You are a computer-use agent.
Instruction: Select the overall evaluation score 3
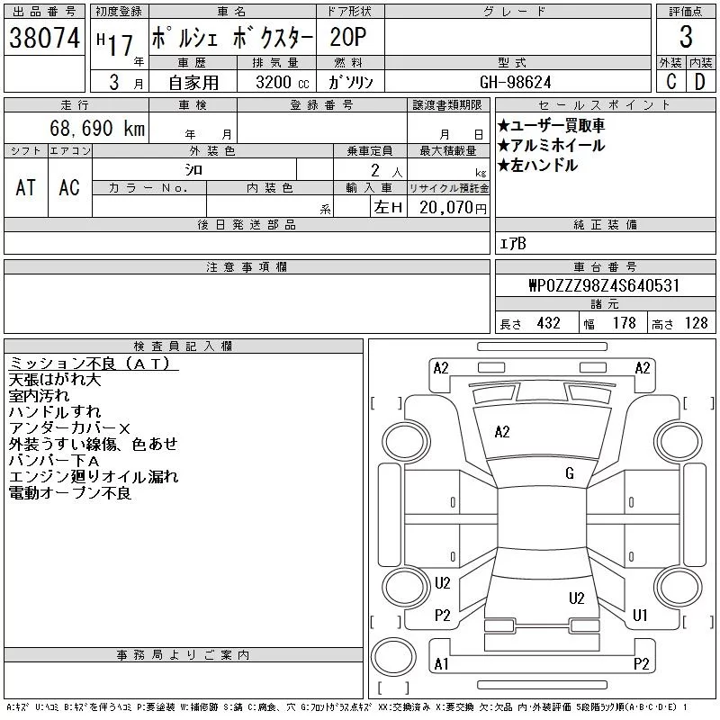686,39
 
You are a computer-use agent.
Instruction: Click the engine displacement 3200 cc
276,82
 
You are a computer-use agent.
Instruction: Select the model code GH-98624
517,82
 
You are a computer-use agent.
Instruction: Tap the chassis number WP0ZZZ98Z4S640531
604,285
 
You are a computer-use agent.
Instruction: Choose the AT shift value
26,187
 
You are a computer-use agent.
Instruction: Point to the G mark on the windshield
569,473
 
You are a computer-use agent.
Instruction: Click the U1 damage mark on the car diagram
641,616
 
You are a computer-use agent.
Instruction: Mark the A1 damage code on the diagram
441,664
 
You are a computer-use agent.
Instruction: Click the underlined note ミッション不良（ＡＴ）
93,364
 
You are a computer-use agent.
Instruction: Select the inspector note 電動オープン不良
69,493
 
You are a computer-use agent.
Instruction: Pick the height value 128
696,324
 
